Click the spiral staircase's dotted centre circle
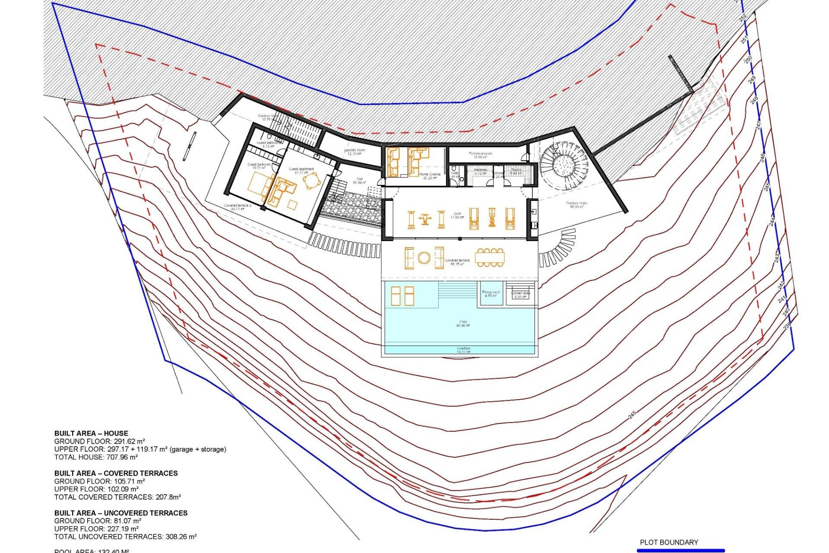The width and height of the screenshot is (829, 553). [563, 165]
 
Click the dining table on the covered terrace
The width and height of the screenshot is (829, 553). [490, 257]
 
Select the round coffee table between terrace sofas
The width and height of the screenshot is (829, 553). [424, 258]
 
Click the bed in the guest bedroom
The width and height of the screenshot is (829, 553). [260, 185]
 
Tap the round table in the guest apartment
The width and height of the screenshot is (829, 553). [311, 181]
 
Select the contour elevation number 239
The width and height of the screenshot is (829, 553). [787, 325]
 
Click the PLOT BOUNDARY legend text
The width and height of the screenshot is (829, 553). [668, 542]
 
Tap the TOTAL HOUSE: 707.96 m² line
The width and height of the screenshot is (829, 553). [96, 457]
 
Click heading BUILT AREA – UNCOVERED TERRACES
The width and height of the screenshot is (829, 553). [121, 513]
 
